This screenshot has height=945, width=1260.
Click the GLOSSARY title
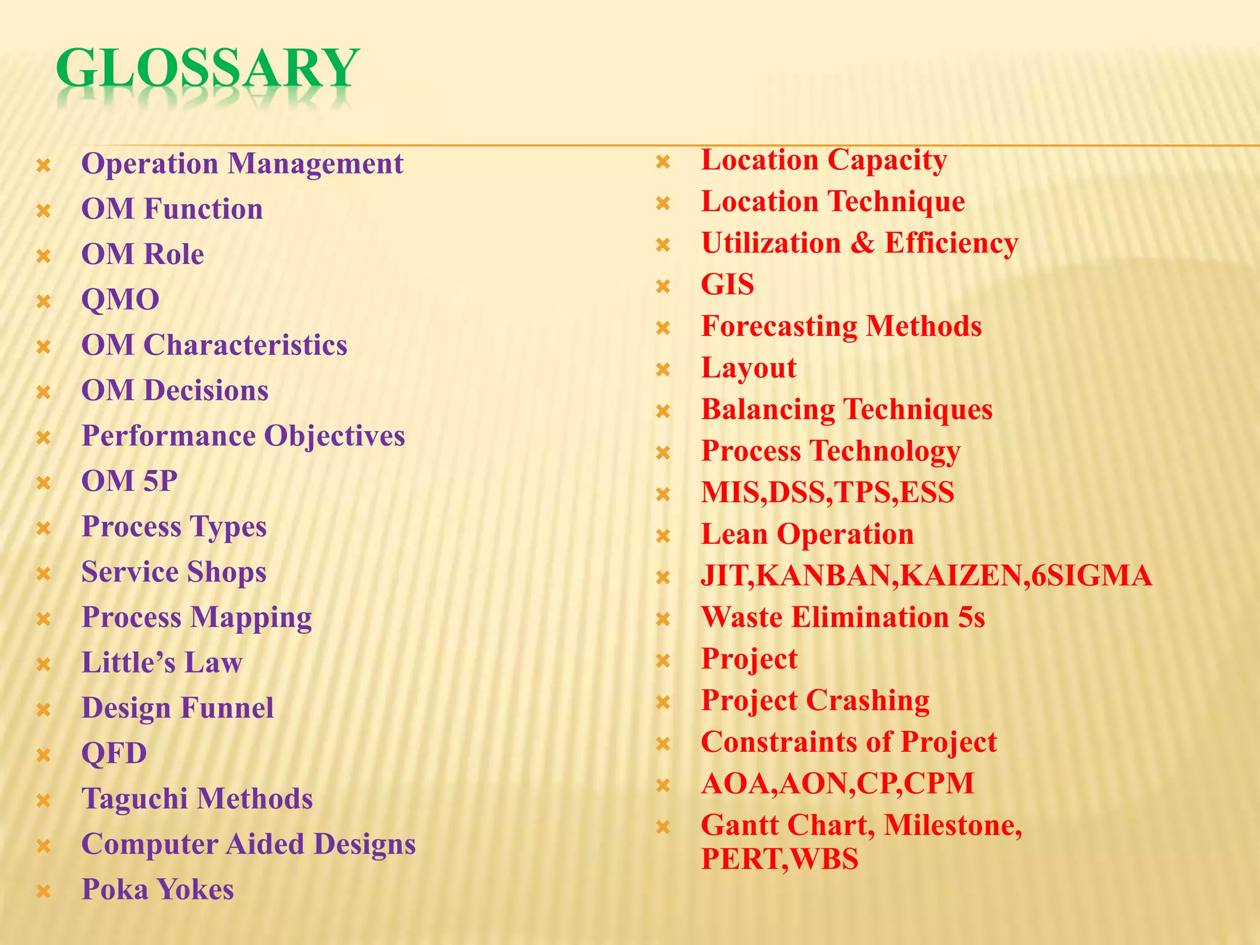click(x=207, y=69)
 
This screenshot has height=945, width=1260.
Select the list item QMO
click(x=121, y=300)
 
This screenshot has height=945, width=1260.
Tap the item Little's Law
click(x=162, y=663)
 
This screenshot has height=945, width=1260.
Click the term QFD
click(x=114, y=753)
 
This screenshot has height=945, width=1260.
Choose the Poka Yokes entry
click(x=157, y=890)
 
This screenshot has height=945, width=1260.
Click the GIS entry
click(x=727, y=285)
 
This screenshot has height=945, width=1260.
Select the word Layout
click(x=749, y=368)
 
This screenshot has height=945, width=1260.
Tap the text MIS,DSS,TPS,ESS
click(x=827, y=493)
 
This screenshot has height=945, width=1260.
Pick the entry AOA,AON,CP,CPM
click(x=837, y=783)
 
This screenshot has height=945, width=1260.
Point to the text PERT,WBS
click(x=780, y=859)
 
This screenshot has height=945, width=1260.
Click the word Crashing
click(x=867, y=701)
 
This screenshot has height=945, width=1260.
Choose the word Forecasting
click(x=779, y=327)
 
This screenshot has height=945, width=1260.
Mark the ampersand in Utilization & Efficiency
click(x=863, y=244)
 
